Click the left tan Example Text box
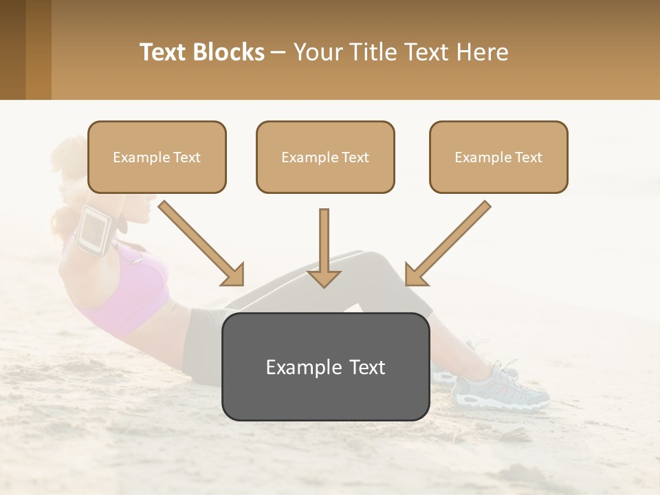click(157, 157)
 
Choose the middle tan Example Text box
click(325, 157)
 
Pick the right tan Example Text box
click(498, 157)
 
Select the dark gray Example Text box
click(325, 367)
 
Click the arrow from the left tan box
click(203, 244)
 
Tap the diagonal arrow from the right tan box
click(447, 244)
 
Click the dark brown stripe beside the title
click(12, 49)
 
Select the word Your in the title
click(317, 52)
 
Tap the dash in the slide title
click(278, 52)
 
